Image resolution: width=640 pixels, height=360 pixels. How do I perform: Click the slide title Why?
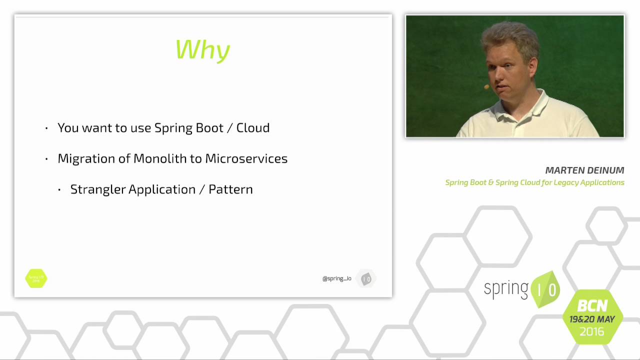(203, 50)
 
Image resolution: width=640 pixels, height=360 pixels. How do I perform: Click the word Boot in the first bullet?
(209, 128)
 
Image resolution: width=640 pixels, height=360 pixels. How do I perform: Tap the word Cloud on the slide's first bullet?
(253, 128)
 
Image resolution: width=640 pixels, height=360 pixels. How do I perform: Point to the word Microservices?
(246, 158)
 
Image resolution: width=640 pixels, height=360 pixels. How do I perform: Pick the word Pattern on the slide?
(230, 189)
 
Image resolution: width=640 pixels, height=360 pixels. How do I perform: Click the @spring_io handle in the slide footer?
(336, 278)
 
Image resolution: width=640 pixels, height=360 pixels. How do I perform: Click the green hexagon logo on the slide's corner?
(36, 278)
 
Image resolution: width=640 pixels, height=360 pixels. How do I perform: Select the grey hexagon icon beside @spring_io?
(366, 279)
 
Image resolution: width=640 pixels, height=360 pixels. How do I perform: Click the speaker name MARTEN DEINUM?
(584, 170)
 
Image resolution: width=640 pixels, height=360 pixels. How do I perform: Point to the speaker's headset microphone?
(486, 87)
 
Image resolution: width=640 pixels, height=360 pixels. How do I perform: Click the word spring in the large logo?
(506, 289)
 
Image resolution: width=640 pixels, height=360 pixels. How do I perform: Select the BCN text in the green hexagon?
(592, 305)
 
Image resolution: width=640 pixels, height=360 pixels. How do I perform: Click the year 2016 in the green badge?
(592, 331)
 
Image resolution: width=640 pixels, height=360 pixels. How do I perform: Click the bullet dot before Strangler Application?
(59, 190)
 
